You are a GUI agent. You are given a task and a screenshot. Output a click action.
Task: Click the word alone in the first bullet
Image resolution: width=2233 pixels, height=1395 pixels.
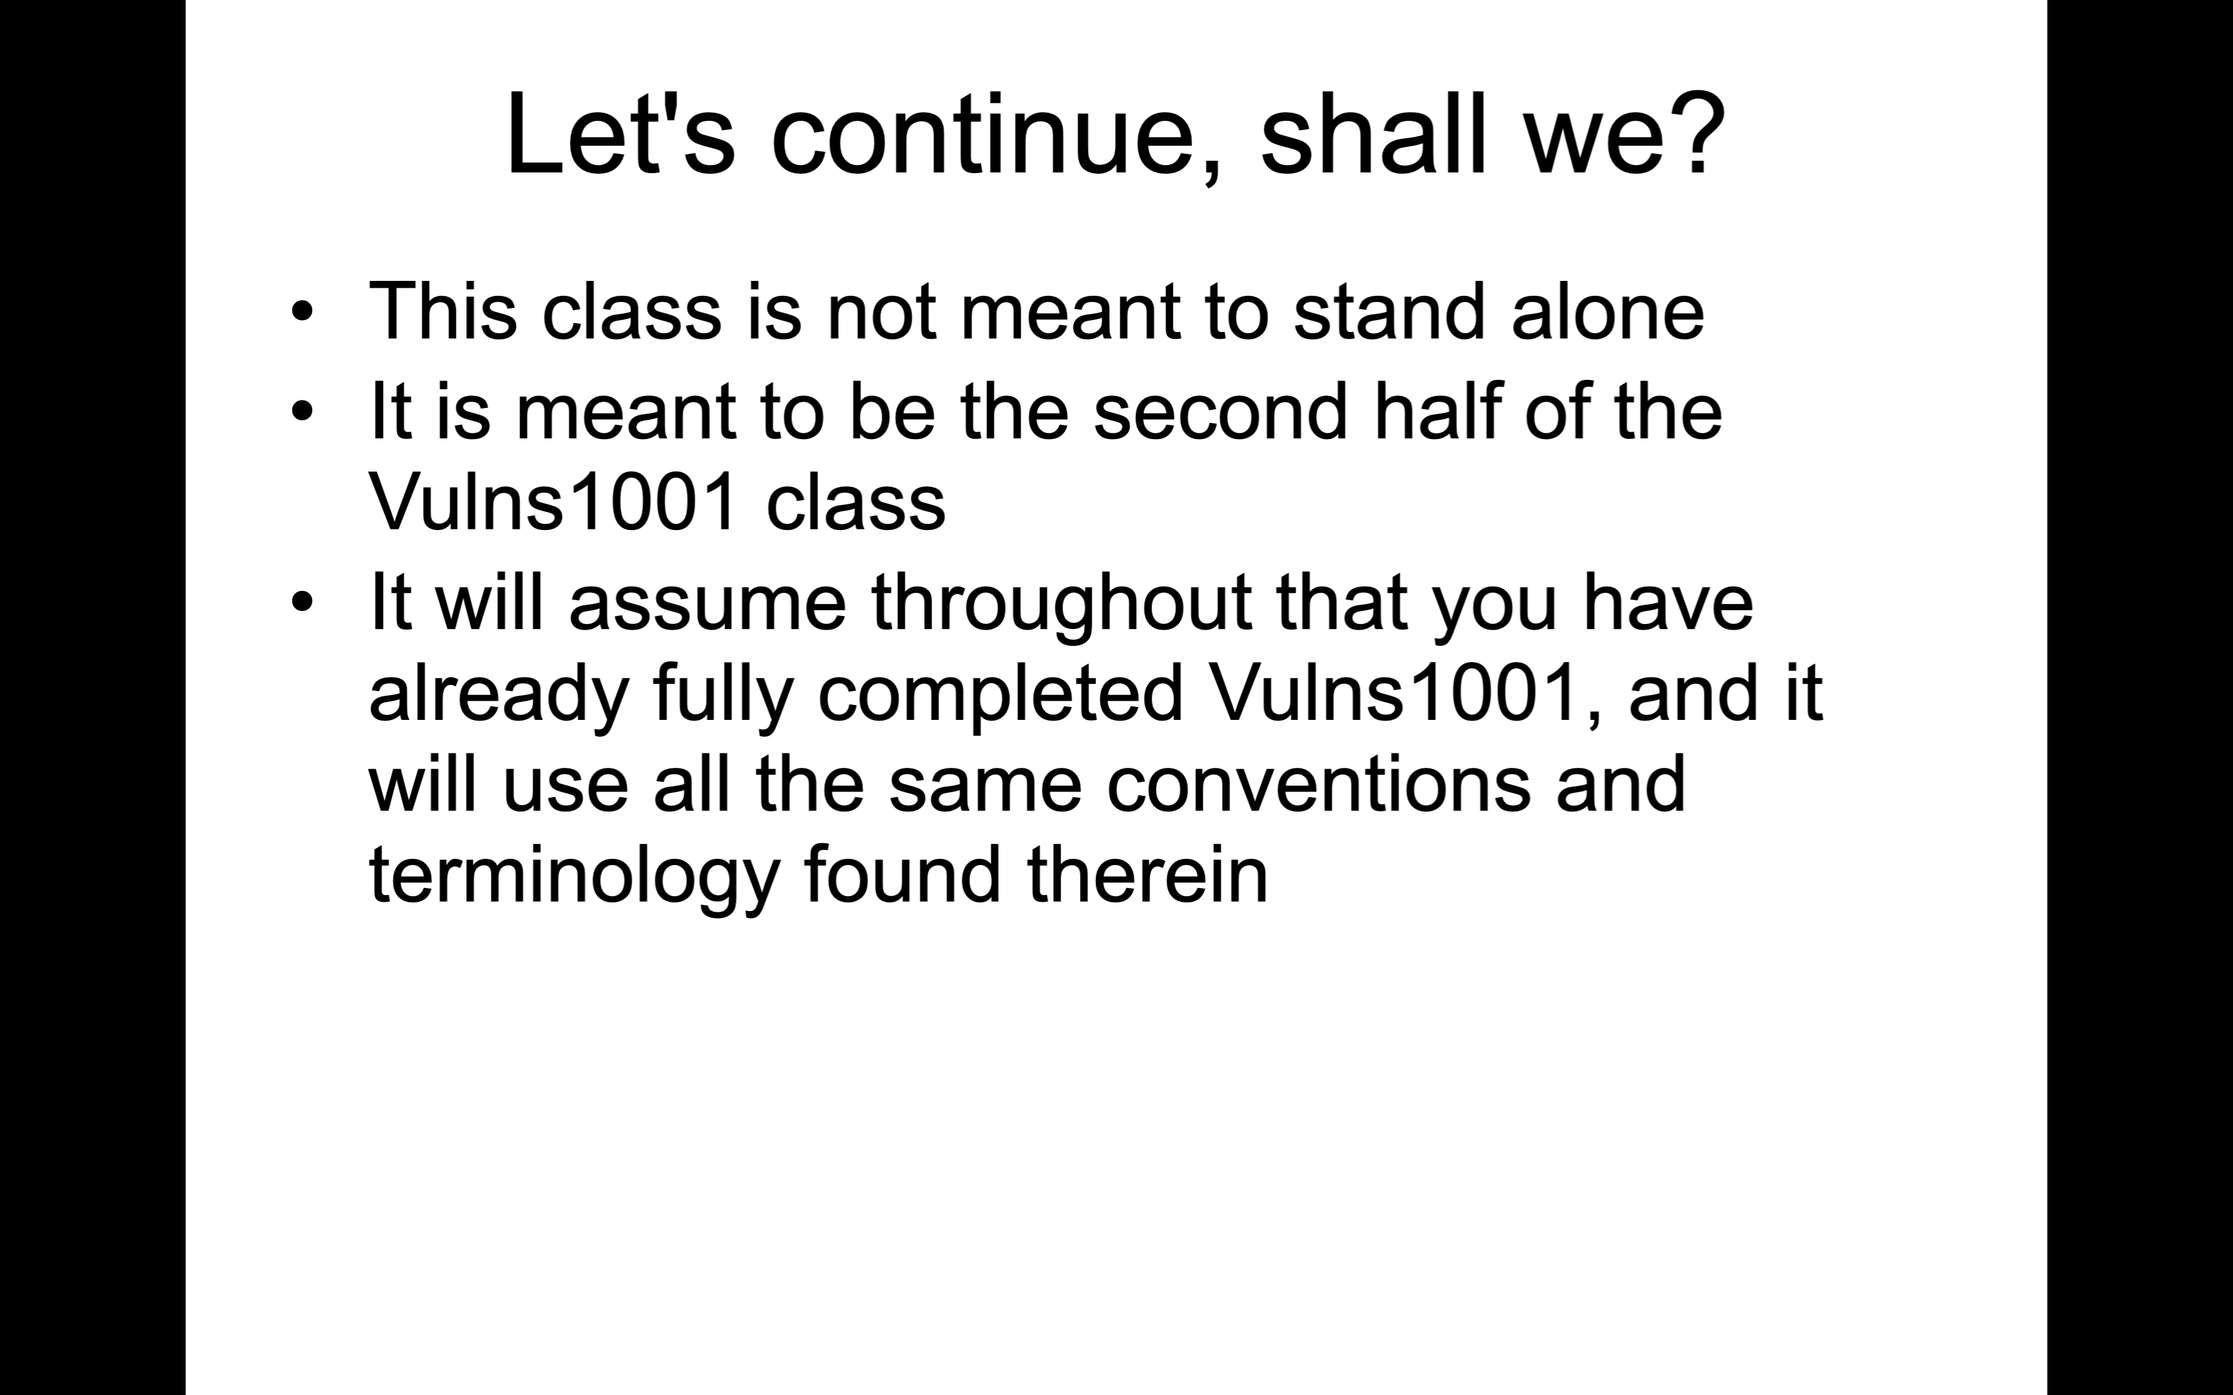point(1607,311)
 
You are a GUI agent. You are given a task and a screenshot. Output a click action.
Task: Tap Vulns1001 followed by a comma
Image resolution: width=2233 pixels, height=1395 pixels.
point(1393,693)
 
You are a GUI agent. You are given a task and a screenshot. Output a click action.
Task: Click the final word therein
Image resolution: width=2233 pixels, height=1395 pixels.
point(1147,874)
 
